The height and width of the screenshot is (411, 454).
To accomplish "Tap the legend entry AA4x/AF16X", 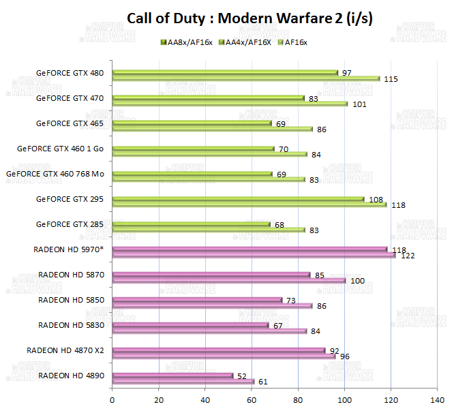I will click(x=248, y=42).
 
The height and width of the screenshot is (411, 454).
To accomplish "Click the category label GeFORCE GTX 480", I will click(x=71, y=72).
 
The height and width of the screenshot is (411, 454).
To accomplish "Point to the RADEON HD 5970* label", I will click(x=68, y=249).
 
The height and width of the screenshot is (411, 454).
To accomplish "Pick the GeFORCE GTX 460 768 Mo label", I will click(x=55, y=174).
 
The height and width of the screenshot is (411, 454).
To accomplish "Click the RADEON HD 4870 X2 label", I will click(x=65, y=350).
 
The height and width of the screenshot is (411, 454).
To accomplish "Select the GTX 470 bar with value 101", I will click(x=230, y=104).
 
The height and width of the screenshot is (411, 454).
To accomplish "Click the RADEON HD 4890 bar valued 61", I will click(x=183, y=382).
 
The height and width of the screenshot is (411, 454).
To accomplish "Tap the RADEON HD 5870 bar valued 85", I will click(x=211, y=275).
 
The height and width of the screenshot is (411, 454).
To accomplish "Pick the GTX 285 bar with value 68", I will click(x=191, y=224).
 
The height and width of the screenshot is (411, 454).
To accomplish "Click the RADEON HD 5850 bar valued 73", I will click(x=196, y=300).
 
